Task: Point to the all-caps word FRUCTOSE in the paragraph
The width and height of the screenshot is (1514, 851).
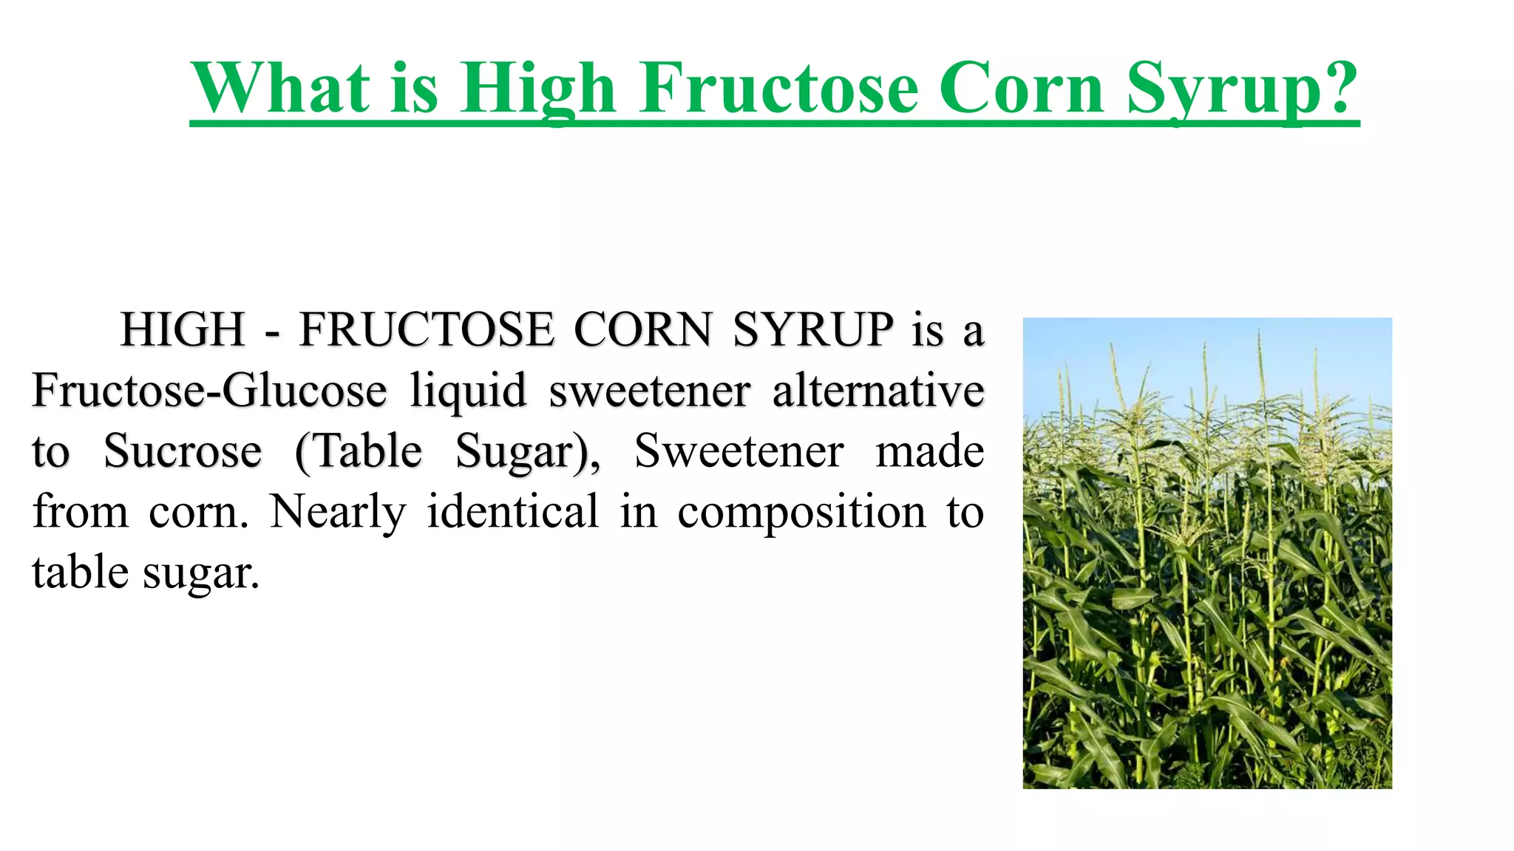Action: (427, 329)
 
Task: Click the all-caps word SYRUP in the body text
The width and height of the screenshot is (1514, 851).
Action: (812, 329)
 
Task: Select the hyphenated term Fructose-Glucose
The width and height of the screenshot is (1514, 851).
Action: (209, 390)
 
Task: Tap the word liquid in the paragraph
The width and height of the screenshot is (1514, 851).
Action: (468, 392)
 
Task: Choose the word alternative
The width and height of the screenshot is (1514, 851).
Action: (878, 390)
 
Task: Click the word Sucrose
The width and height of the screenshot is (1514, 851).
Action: (183, 451)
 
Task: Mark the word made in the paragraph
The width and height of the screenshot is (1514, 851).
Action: (929, 451)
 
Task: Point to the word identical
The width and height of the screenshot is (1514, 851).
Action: (513, 511)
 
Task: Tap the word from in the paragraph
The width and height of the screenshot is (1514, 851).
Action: (81, 511)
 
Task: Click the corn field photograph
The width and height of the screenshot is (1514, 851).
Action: (1207, 553)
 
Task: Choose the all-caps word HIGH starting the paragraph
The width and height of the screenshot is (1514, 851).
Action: (183, 329)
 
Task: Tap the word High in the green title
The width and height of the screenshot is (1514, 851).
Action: (538, 89)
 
